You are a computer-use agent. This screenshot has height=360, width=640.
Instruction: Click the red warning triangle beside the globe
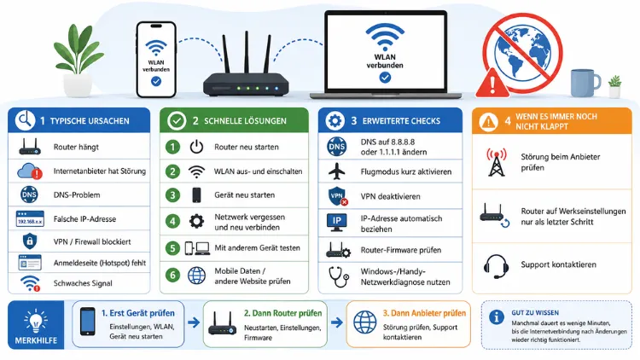[492, 83]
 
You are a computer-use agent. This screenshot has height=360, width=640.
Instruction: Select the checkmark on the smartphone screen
[156, 82]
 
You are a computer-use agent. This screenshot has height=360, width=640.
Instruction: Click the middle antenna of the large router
[247, 52]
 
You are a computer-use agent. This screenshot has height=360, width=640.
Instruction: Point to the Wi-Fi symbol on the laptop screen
[385, 38]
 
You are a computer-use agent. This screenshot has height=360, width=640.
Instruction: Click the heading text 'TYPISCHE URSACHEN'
[90, 121]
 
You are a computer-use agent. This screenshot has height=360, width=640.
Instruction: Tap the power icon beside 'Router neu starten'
[196, 147]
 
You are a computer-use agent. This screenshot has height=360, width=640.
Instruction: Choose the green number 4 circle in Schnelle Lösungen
[172, 222]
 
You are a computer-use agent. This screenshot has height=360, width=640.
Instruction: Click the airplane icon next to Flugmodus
[337, 171]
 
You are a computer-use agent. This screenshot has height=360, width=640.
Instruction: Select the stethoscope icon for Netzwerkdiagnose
[339, 276]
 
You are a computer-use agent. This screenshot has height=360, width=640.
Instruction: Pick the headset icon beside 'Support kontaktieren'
[496, 266]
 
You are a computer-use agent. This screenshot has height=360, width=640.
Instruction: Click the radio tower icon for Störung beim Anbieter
[497, 162]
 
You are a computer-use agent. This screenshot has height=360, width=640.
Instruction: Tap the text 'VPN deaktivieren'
[390, 196]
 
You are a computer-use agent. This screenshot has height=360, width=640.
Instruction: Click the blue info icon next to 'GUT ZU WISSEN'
[497, 317]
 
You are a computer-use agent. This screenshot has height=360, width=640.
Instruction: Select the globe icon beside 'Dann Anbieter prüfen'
[365, 322]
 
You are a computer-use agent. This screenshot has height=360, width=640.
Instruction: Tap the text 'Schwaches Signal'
[83, 283]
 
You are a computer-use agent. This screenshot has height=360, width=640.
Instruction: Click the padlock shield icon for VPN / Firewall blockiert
[29, 241]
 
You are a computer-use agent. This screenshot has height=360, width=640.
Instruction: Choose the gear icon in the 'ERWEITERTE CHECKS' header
[335, 121]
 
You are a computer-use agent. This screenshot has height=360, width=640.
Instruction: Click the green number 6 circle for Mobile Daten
[172, 276]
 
